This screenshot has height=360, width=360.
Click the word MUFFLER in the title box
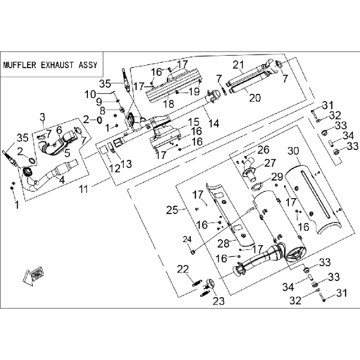coord(20,65)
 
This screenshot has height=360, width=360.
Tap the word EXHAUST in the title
coord(57,65)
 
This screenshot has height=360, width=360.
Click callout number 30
coord(294,151)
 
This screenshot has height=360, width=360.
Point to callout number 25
coord(172,210)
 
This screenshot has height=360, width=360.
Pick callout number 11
coord(84,190)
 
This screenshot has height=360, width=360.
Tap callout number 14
coord(214,123)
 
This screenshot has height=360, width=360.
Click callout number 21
coord(238,65)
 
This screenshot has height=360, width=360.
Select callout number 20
coord(255,98)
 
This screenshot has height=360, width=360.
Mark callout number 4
coord(62,180)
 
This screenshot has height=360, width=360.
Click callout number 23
coord(218,301)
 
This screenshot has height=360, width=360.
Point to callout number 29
coord(277,177)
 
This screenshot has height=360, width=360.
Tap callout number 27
coord(270,163)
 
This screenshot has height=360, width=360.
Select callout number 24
coord(187,240)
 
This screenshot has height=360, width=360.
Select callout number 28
coord(224,243)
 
